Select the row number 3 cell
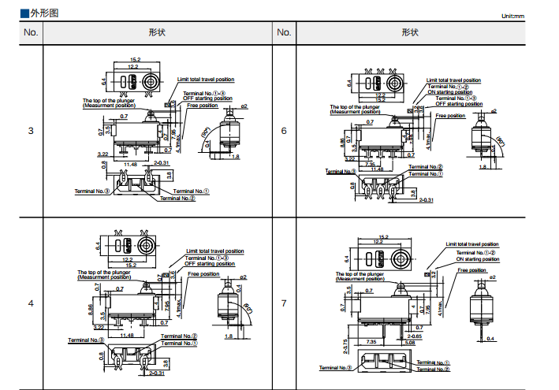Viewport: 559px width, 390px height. pos(31,130)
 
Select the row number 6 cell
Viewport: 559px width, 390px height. pos(284,130)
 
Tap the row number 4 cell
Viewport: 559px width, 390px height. pos(31,303)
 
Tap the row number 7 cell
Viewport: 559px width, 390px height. pos(284,303)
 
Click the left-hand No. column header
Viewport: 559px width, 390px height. pos(31,32)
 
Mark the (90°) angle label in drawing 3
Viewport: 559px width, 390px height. pos(207,131)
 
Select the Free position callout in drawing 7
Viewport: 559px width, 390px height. pos(473,270)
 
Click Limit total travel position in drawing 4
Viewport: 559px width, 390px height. pos(214,251)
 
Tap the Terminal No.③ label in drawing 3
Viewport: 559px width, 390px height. pos(91,191)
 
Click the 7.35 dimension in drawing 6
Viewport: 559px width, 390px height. pos(368,164)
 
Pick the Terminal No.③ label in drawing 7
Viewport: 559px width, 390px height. pos(334,368)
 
